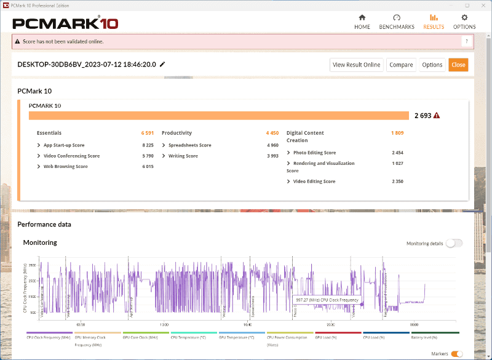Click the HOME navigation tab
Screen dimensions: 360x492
pos(362,22)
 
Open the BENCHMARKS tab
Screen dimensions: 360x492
pos(397,22)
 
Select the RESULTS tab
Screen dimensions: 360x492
pos(434,22)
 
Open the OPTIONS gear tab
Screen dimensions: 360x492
pos(464,22)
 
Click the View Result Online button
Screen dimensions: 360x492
pos(357,65)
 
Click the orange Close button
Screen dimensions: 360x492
pos(458,65)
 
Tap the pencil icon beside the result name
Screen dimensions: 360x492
pos(162,64)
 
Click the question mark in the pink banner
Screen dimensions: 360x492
pos(467,41)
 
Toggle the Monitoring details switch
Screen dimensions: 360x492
pos(454,243)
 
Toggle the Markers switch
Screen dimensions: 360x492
pos(457,354)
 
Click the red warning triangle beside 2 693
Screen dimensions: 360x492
pos(437,115)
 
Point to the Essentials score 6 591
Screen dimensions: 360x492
pos(146,133)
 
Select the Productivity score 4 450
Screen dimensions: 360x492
pos(272,133)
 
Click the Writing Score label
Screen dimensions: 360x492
pos(183,156)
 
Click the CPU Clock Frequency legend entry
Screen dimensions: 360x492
pos(47,338)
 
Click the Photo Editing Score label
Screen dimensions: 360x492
pos(314,153)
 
